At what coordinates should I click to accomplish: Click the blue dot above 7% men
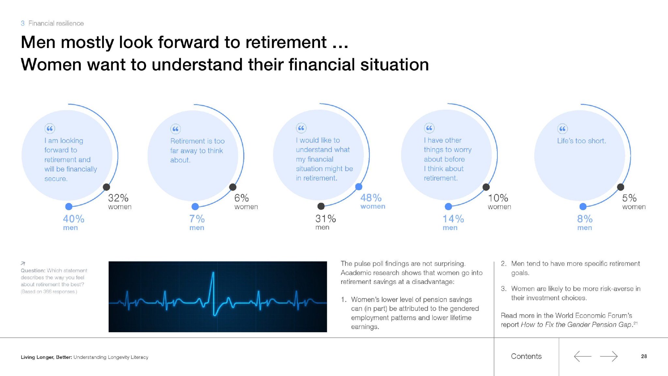195,206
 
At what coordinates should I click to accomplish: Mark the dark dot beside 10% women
486,187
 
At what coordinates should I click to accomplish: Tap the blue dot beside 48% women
359,187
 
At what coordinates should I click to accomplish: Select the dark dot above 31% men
321,206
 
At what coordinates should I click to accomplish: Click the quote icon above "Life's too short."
562,129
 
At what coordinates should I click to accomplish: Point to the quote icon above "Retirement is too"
175,129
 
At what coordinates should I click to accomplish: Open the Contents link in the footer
526,356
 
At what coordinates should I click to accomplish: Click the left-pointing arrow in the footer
583,356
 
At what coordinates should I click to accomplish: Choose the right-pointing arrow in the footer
609,356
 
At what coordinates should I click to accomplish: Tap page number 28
644,356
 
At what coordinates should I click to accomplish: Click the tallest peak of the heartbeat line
213,272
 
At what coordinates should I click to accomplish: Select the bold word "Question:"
33,271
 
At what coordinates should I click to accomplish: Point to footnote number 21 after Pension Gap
635,323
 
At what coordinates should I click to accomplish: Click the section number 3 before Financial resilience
23,23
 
